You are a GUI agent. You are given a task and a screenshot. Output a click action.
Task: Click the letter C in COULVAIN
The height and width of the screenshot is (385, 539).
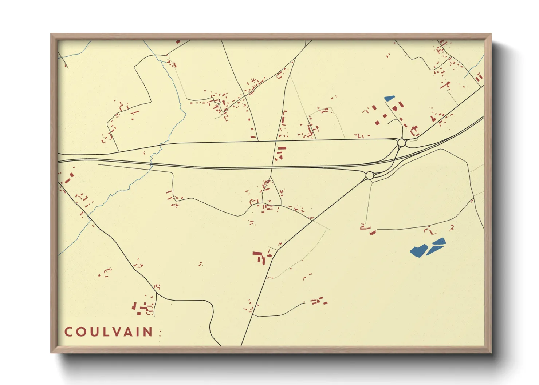[x=68, y=332]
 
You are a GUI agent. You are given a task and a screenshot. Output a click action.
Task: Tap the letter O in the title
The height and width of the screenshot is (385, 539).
[x=81, y=332]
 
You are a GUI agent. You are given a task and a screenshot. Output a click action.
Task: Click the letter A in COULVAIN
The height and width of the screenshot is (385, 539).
[x=129, y=332]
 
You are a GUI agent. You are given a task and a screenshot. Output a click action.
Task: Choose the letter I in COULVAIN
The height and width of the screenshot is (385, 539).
[x=139, y=332]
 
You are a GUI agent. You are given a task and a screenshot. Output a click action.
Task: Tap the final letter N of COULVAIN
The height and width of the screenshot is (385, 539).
[x=149, y=332]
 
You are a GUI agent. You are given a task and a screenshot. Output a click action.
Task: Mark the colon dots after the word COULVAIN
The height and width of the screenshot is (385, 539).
[x=160, y=333]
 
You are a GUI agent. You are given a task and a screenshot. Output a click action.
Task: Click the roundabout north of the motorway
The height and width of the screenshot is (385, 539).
[x=401, y=143]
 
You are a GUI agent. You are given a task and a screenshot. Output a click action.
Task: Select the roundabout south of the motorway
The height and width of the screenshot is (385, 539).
[x=369, y=176]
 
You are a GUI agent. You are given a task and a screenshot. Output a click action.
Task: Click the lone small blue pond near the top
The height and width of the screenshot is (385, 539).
[x=389, y=98]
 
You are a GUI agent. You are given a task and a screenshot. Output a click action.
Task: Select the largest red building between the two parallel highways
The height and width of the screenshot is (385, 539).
[x=282, y=148]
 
